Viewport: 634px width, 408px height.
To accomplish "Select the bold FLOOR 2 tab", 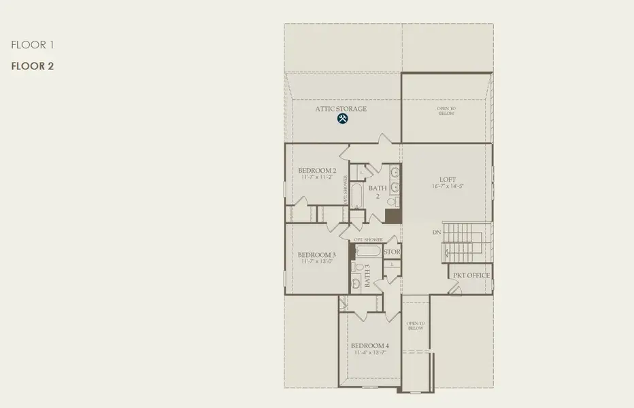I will pos(32,66).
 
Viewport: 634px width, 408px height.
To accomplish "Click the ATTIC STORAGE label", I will pos(341,109).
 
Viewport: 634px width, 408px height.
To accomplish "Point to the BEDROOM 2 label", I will pos(317,171).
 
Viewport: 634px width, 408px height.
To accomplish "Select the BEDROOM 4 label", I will pos(370,345).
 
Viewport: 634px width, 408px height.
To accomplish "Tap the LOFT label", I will pos(448,180).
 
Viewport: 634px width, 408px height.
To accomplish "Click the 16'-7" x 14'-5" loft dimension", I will pos(448,186).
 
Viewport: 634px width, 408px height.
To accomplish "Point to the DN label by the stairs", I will pos(437,233).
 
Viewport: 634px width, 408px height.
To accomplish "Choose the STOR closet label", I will pos(392,252).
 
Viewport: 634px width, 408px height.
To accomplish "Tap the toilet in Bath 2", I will pos(390,202).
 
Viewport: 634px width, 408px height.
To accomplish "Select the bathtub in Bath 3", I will pos(367,251).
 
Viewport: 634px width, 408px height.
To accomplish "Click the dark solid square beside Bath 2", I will pos(392,216).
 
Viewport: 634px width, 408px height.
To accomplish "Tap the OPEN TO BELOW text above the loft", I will pos(446,111).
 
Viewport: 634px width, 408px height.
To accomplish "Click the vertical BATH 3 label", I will pos(367,275).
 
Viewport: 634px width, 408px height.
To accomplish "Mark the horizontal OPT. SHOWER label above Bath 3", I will pos(368,240).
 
